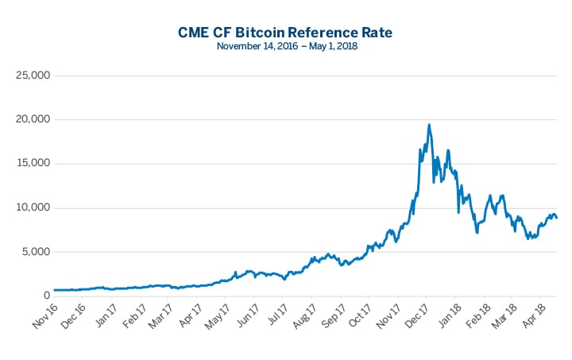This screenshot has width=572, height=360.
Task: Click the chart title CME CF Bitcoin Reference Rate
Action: click(x=286, y=33)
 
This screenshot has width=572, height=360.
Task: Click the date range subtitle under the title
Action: click(x=286, y=47)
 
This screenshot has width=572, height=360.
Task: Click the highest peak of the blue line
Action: click(x=429, y=125)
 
